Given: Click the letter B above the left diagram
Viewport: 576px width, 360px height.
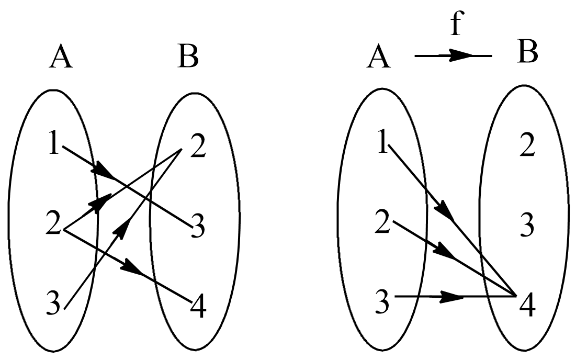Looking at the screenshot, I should click(188, 58).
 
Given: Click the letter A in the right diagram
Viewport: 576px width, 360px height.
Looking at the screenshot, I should click(379, 58).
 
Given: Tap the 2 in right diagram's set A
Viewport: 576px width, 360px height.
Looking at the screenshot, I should click(383, 223).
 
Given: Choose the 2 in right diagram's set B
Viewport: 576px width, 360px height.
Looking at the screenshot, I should click(527, 148).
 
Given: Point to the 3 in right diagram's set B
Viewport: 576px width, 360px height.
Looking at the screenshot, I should click(527, 225).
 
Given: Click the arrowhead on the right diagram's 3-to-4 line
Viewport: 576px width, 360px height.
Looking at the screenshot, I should click(451, 297).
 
